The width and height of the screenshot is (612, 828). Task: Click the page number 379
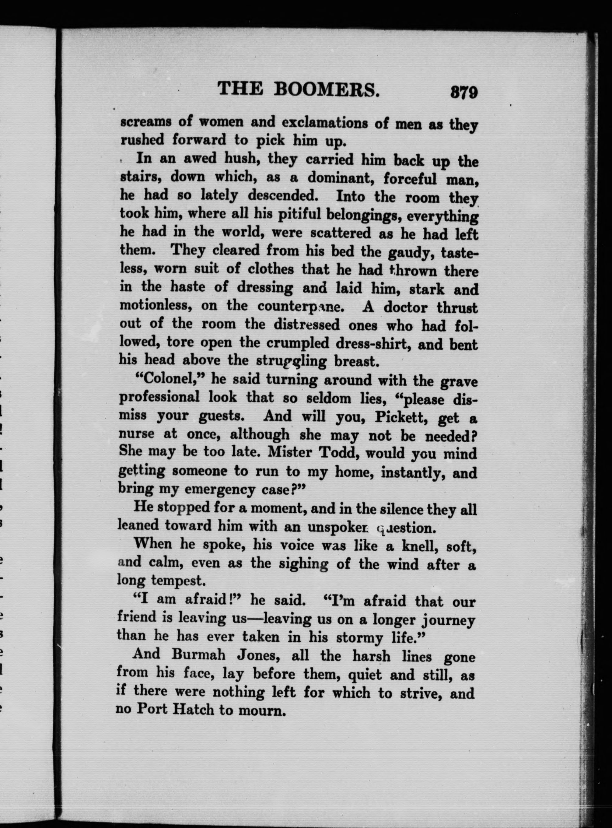tap(464, 92)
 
